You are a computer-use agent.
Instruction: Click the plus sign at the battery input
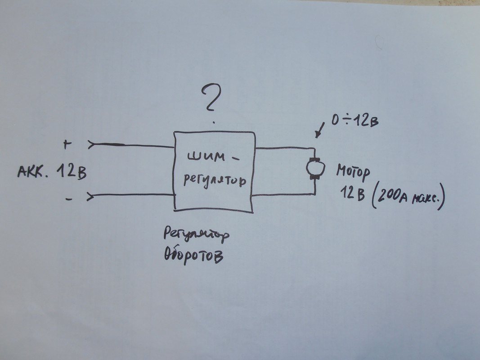coord(67,144)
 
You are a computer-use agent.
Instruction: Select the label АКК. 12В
coord(52,171)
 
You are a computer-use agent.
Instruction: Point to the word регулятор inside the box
coord(215,181)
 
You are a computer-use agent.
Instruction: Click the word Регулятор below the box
coord(196,234)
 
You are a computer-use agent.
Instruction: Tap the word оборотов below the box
coord(193,256)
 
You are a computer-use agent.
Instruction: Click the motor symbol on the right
coord(315,168)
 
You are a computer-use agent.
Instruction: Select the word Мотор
coord(353,172)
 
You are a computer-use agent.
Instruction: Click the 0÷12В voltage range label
coord(355,120)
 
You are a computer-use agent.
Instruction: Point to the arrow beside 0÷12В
coord(319,130)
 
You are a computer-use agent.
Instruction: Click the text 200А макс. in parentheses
coord(408,197)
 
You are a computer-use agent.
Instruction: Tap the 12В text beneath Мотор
coord(352,194)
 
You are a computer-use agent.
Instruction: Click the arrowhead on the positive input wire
coord(91,144)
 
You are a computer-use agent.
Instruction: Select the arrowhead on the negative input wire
coord(90,196)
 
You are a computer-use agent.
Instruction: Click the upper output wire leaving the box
coord(285,148)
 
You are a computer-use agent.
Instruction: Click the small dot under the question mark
coord(214,122)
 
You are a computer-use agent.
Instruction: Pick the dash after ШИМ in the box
coord(235,158)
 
